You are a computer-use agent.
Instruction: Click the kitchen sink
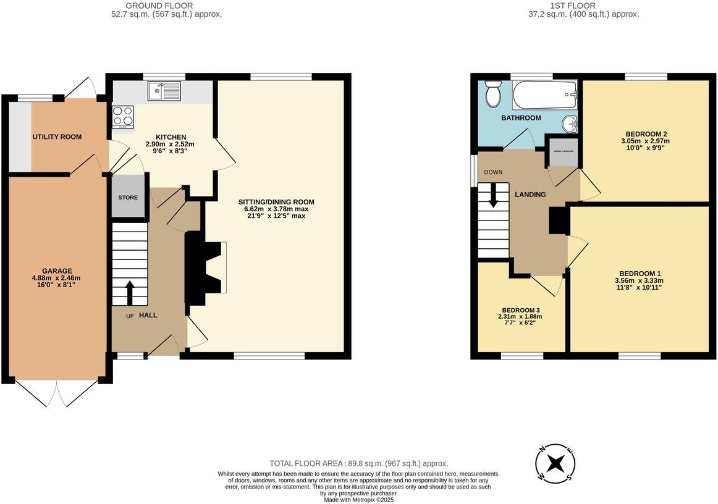(164, 91)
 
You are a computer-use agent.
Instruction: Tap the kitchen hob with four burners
(122, 117)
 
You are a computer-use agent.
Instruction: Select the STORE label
(128, 198)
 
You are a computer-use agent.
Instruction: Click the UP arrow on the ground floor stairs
(130, 293)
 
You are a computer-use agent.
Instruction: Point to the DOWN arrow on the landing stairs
(493, 195)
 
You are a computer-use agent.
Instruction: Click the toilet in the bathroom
(493, 94)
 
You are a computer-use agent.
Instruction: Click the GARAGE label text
(57, 271)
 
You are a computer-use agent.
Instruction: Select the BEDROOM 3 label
(521, 310)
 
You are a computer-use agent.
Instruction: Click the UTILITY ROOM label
(57, 136)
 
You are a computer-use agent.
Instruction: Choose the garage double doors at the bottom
(57, 393)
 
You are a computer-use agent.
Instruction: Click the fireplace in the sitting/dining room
(206, 268)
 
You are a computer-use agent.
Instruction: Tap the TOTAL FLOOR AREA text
(358, 463)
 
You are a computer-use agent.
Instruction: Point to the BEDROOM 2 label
(646, 133)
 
